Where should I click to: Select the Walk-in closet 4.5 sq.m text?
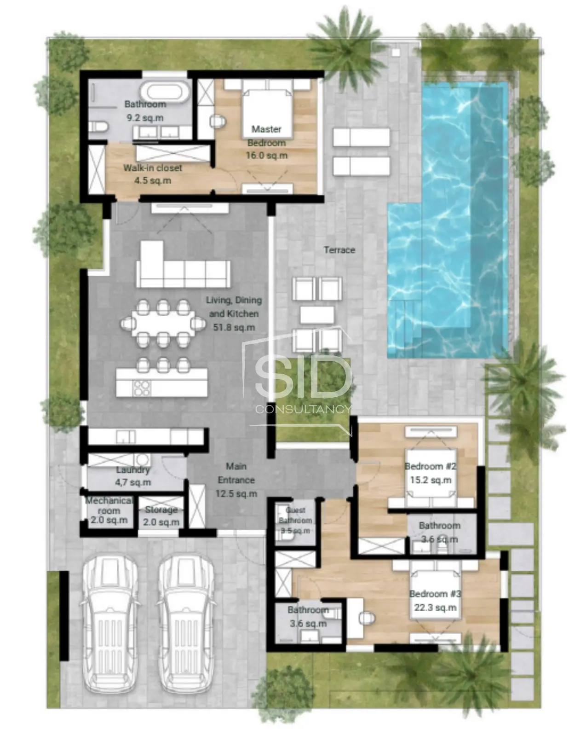(x=153, y=174)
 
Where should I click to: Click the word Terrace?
(x=339, y=250)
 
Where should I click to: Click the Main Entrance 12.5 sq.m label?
(x=236, y=480)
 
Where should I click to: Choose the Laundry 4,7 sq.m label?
(x=133, y=476)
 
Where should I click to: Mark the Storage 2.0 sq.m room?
(x=161, y=516)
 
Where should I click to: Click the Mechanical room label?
(x=109, y=505)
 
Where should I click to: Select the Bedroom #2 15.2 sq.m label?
(x=430, y=473)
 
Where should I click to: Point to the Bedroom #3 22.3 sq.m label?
(x=435, y=601)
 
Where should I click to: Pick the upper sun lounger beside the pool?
(x=361, y=137)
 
